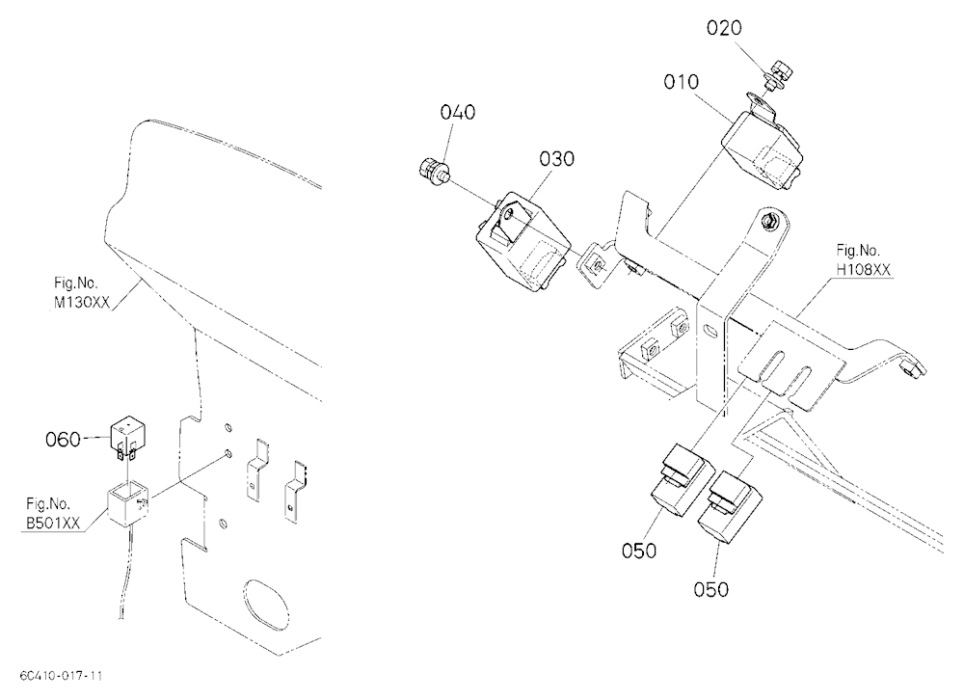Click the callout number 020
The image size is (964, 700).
pos(724,28)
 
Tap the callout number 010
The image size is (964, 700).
pos(682,82)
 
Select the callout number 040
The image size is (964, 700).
pos(457,113)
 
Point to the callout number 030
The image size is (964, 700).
pos(557,159)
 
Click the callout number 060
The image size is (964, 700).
pos(63,440)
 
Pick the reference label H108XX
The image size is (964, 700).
pos(863,269)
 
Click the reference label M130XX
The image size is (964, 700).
pos(81,303)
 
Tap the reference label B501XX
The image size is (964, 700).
pos(53,524)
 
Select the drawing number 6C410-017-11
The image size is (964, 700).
pos(61,676)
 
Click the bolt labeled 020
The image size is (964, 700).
pos(776,72)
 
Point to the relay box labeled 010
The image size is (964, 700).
pos(763,147)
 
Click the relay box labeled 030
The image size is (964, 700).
pos(522,241)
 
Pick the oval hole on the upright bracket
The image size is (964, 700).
pos(710,332)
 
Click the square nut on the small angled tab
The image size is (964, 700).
pos(595,266)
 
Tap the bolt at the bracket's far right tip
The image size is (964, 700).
pos(914,368)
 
